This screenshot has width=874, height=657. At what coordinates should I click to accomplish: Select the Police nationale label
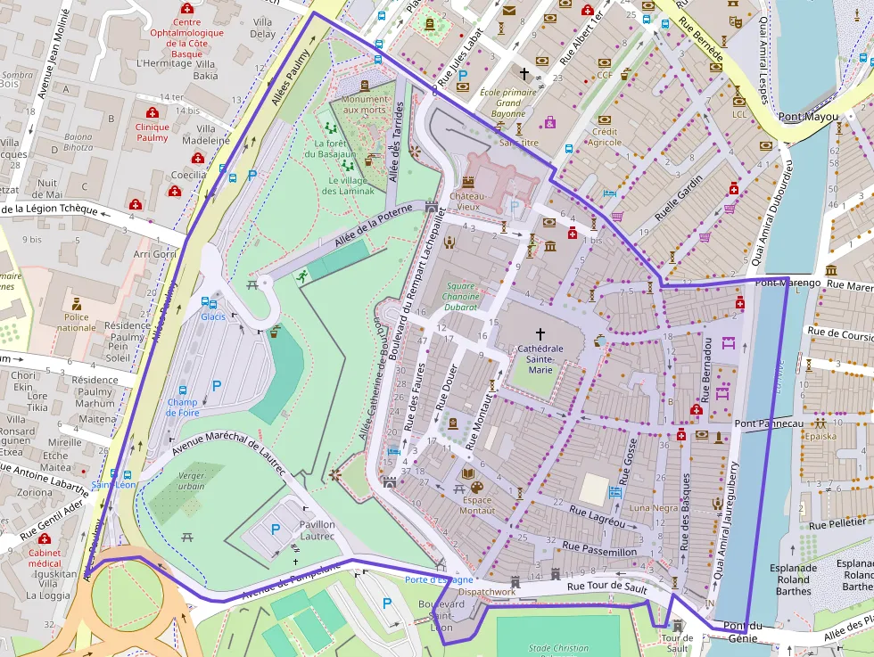pos(76,322)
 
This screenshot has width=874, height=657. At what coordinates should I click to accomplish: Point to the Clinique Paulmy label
pos(152,132)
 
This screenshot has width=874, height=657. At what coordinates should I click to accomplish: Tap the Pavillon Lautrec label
pos(317,530)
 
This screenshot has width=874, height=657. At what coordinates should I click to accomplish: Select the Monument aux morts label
pos(366,104)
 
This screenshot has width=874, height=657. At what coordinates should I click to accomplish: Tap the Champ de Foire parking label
pos(182,407)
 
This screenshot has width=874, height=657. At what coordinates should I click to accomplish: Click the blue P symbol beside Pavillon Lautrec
pos(276,530)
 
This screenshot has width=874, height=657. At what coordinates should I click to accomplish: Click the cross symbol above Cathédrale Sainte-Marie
pos(540,333)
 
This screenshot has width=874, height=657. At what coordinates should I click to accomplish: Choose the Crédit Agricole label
pos(605,136)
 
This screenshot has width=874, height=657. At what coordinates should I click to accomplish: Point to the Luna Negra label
pos(654,507)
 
